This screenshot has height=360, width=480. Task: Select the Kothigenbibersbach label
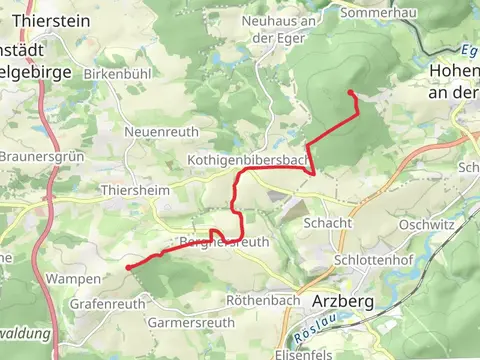[x=246, y=160]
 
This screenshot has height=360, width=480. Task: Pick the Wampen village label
[x=74, y=279]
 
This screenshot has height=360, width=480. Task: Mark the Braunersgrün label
[x=38, y=157]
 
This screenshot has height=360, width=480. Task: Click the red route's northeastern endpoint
[x=350, y=92]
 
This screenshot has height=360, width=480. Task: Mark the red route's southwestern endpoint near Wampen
[x=127, y=268]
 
